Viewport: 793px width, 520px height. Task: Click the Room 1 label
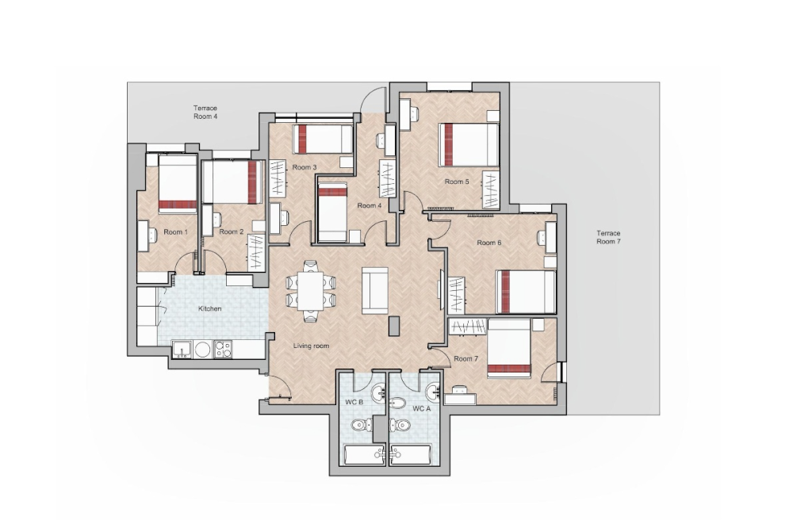click(175, 232)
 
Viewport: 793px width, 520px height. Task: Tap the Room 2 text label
click(231, 232)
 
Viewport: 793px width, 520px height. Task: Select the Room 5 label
click(456, 182)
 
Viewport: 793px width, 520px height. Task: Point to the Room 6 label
click(488, 243)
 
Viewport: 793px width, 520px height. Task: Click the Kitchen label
click(209, 308)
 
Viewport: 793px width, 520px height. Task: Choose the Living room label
click(311, 346)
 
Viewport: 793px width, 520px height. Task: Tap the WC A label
click(421, 408)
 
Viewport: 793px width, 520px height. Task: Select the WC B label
click(354, 403)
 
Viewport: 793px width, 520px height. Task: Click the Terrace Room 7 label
click(608, 238)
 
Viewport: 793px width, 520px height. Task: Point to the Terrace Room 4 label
click(205, 112)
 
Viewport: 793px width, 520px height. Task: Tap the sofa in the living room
click(374, 290)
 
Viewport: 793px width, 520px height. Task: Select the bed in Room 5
click(469, 145)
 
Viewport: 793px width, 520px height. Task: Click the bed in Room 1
click(178, 183)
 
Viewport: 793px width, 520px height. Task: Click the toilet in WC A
click(403, 426)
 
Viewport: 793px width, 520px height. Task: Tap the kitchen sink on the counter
click(181, 348)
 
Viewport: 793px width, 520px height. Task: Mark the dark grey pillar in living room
click(394, 326)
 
